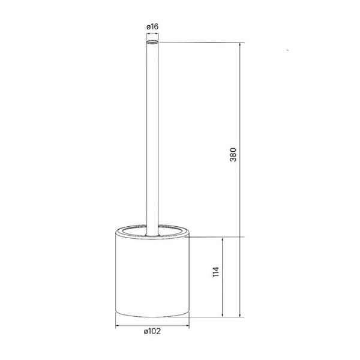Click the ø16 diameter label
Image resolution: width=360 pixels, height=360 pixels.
152,26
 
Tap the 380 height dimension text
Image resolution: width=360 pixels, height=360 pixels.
235,154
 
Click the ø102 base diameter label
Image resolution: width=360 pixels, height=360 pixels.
152,331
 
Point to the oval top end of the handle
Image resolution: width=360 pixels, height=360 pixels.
152,43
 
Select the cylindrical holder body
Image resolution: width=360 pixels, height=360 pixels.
152,276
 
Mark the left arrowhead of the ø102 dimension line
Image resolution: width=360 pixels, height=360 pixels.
118,326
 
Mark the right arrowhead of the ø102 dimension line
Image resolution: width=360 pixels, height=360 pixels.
188,326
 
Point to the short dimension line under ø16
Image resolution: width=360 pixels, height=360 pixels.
152,35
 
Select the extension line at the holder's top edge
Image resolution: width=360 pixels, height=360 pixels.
216,237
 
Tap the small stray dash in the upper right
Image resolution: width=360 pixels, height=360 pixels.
288,50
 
